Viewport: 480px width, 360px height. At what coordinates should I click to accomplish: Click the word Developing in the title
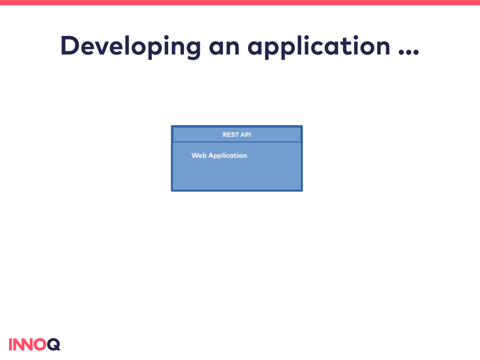tap(130, 47)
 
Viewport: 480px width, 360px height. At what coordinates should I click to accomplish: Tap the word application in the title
tap(319, 47)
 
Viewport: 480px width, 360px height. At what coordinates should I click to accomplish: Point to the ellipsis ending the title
tap(409, 52)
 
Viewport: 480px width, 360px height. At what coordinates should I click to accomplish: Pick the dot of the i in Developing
tap(166, 37)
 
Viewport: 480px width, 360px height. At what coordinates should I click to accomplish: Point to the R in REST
tap(225, 135)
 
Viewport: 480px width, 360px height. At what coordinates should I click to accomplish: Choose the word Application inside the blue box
tap(228, 156)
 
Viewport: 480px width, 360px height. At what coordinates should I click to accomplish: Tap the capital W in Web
tap(195, 156)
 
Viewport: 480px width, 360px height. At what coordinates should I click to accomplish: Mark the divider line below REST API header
tap(237, 142)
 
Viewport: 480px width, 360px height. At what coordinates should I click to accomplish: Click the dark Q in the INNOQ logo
tap(54, 344)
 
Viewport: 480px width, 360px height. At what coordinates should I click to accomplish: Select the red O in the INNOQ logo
tap(40, 344)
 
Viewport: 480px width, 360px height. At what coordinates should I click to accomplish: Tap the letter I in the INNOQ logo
tap(10, 344)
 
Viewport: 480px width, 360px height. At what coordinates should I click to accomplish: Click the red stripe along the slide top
tap(240, 2)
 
